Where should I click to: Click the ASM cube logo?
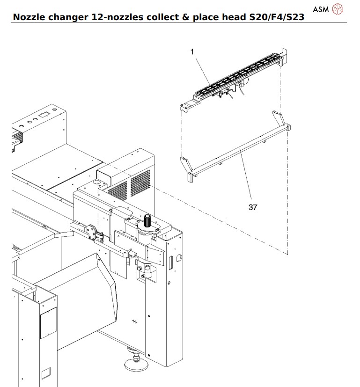[x=337, y=9]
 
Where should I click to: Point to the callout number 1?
[x=192, y=53]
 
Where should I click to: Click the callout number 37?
[x=253, y=207]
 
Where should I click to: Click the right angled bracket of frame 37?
[x=281, y=119]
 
